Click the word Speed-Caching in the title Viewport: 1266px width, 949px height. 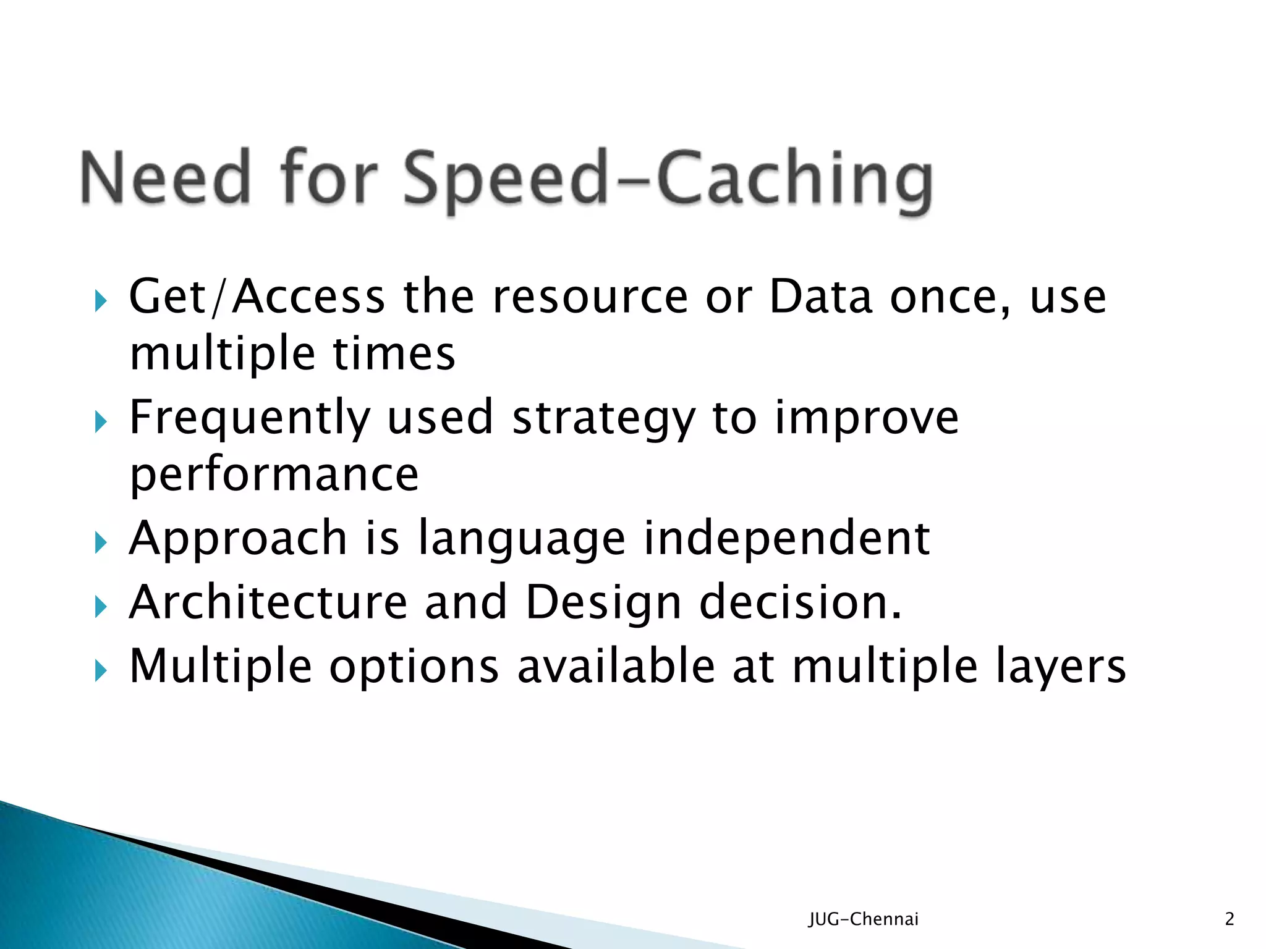click(668, 179)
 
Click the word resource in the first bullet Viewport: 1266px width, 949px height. click(590, 297)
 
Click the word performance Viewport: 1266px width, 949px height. click(274, 476)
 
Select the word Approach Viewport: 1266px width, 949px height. click(238, 539)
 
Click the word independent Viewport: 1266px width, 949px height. click(786, 539)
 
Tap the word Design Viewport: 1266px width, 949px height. click(603, 604)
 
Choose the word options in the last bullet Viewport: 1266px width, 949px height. click(414, 667)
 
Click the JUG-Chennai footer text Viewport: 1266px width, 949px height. click(864, 919)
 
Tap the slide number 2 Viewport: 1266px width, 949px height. click(1230, 919)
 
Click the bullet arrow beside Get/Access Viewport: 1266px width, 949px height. click(101, 302)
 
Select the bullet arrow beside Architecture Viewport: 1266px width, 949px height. click(101, 607)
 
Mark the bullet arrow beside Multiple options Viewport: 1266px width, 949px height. click(101, 671)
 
